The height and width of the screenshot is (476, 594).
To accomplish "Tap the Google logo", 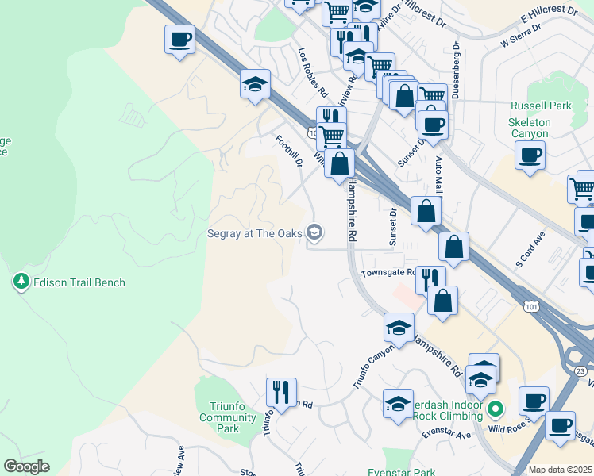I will [26, 466].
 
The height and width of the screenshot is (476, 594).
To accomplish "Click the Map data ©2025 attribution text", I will [560, 470].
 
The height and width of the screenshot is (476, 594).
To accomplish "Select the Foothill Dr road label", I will [289, 151].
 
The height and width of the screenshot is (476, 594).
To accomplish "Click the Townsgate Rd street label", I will [388, 272].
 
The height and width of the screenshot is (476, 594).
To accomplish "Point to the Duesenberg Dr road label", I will [456, 71].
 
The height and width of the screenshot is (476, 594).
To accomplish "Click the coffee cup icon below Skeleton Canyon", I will [530, 155].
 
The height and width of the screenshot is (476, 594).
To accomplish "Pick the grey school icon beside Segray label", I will [315, 232].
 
